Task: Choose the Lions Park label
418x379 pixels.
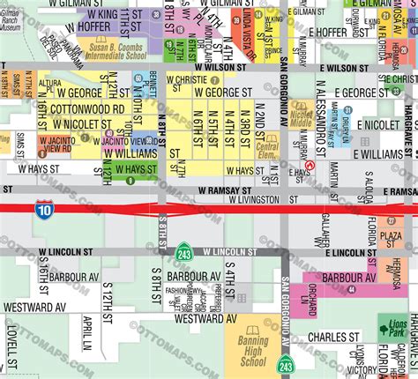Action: (392, 327)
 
